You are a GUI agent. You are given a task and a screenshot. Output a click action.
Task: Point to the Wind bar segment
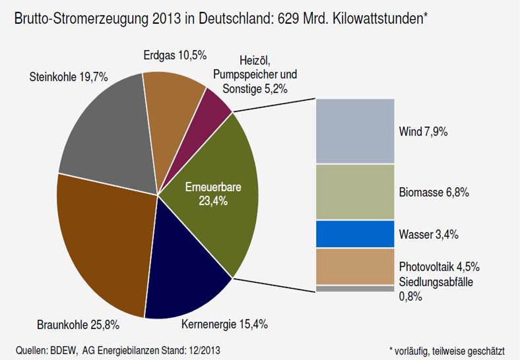[x=355, y=131]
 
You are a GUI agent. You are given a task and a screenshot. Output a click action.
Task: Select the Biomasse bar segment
[x=355, y=192]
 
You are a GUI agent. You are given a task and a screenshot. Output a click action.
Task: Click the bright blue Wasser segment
[x=355, y=234]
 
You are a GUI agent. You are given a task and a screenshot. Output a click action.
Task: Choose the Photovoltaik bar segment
[x=355, y=266]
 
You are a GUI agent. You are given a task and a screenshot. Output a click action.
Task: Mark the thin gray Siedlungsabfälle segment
[x=355, y=289]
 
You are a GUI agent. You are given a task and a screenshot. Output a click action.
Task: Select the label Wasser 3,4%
[x=428, y=235]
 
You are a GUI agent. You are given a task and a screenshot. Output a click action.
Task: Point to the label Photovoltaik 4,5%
[x=439, y=267]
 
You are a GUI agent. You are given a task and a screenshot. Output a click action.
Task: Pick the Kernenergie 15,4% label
[x=224, y=324]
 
